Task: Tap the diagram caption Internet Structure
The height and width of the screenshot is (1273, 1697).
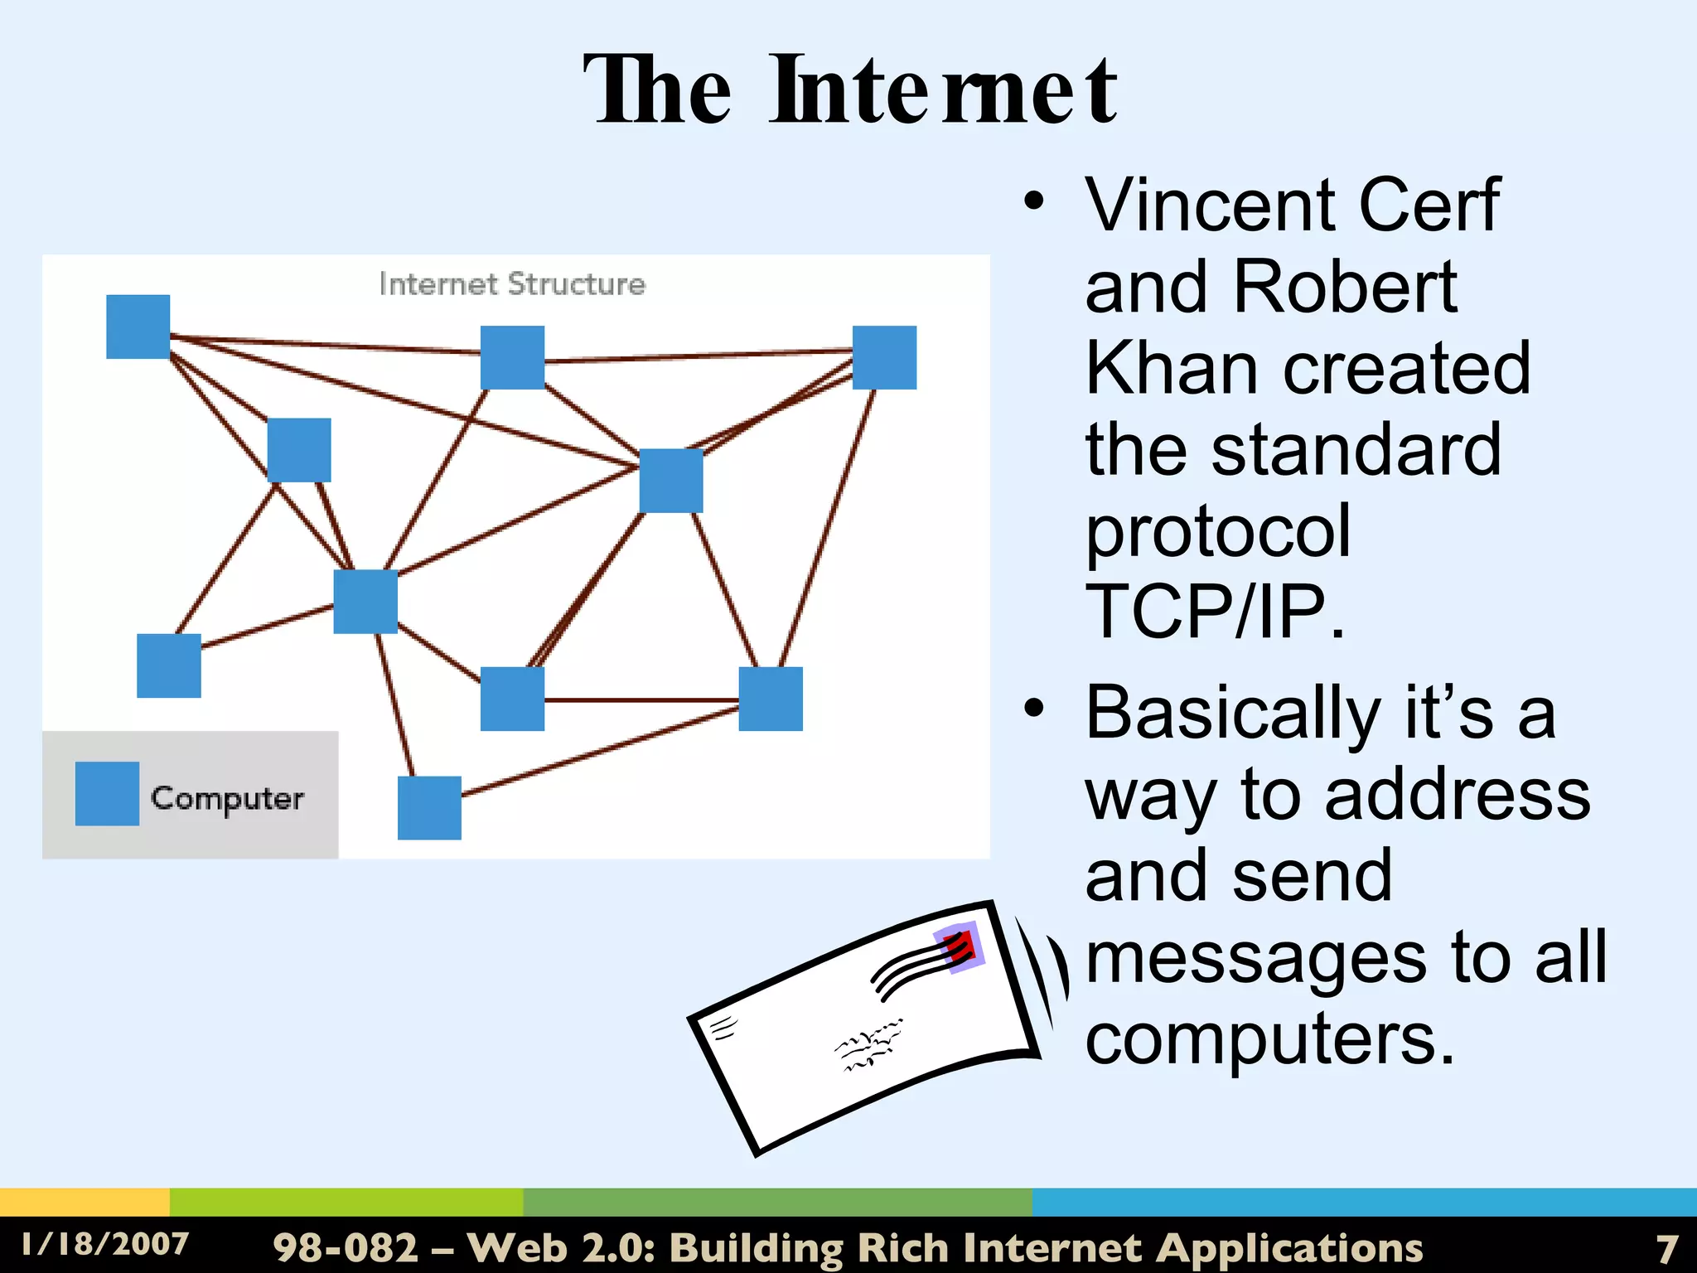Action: [x=511, y=284]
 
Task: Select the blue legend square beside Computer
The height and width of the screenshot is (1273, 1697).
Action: [x=107, y=793]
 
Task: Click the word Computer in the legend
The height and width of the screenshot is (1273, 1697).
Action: [x=227, y=798]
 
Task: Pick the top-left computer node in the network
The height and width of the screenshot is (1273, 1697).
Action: [x=138, y=327]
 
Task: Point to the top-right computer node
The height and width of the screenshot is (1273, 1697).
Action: [x=884, y=357]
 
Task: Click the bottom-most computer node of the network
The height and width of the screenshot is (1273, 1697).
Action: [x=429, y=807]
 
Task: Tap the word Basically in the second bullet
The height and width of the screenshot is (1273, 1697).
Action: [x=1232, y=713]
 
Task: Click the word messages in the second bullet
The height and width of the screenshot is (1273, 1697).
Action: [x=1256, y=958]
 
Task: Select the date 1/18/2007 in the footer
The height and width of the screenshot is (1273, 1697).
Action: [x=105, y=1244]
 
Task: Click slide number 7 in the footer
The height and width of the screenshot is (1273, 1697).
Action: [x=1666, y=1248]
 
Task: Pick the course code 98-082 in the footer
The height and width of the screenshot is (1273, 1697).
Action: [x=346, y=1247]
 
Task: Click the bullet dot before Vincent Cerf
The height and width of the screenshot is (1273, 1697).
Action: [x=1033, y=201]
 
